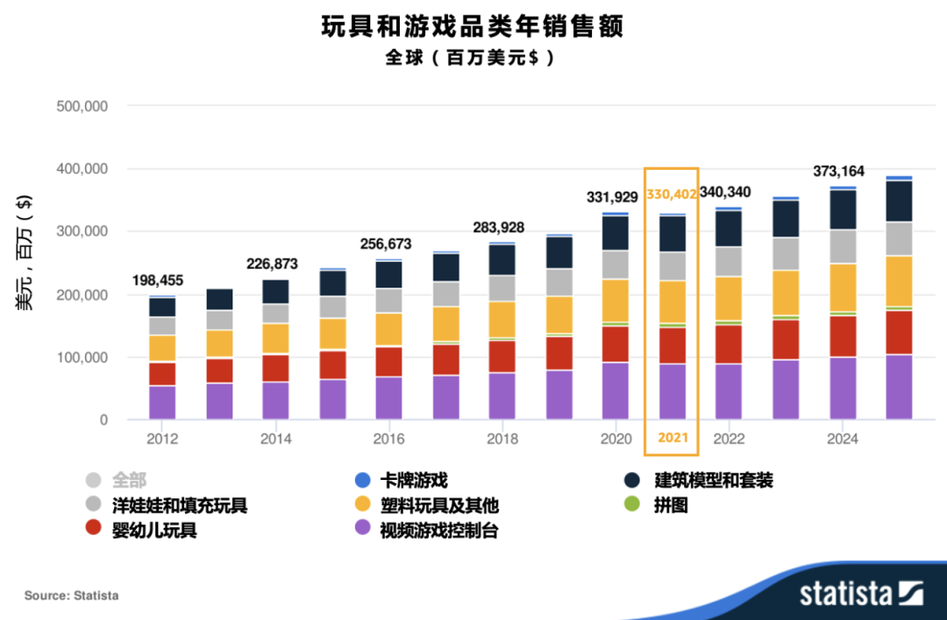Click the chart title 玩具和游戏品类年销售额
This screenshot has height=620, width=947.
coord(473,27)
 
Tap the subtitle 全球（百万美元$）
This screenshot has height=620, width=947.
coord(473,58)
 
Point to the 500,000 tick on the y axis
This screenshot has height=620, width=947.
coord(81,106)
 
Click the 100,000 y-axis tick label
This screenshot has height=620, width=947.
coord(81,357)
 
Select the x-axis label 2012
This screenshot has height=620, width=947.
coord(162,439)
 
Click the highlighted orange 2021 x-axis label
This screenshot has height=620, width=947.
coord(673,438)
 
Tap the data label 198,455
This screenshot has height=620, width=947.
coord(159,280)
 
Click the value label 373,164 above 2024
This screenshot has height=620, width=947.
coord(835,171)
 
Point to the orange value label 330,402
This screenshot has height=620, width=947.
coord(672,194)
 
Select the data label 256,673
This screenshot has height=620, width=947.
coord(386,243)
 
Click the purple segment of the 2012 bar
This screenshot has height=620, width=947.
coord(162,403)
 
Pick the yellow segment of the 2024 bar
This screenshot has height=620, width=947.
coord(843,287)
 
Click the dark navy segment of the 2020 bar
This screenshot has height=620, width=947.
coord(616,233)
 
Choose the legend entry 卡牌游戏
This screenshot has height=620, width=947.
coord(413,480)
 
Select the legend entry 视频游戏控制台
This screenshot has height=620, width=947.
coord(438,531)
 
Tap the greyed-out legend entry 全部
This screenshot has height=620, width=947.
coord(128,480)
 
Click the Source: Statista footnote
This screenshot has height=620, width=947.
coord(71,595)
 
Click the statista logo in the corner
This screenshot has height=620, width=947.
coord(859,593)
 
